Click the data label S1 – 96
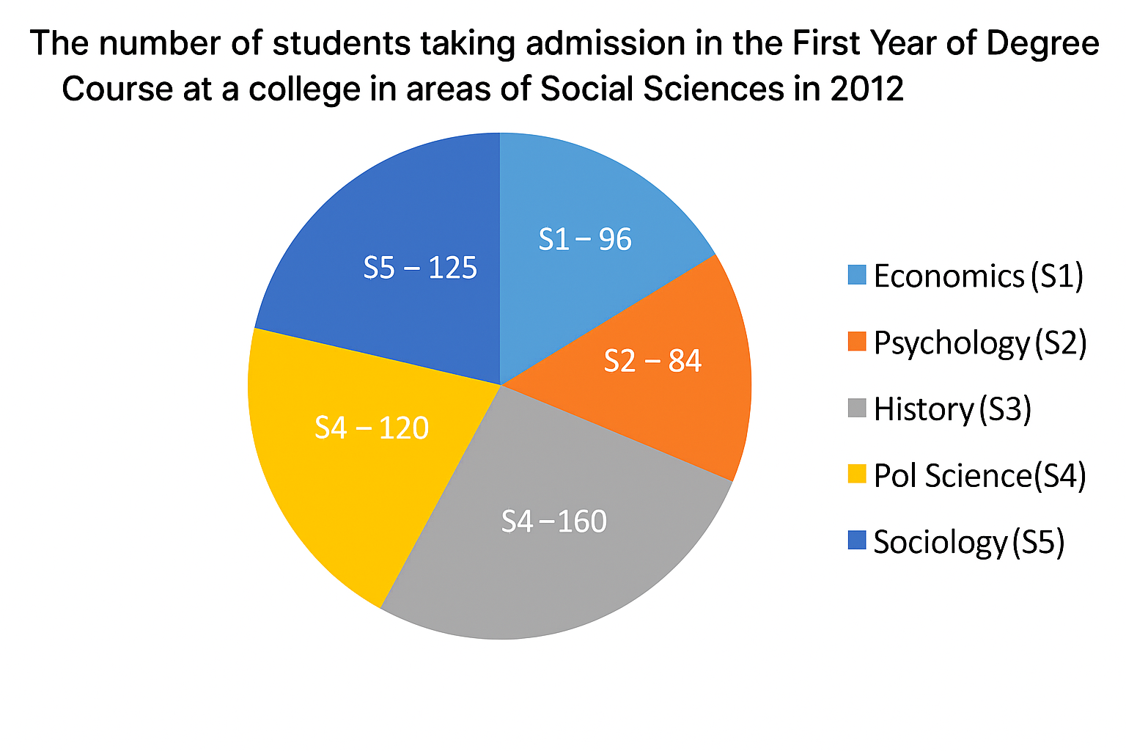coord(585,240)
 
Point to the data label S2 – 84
coord(652,361)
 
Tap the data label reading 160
coord(554,521)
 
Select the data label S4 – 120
coord(372,428)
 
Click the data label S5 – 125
coord(420,268)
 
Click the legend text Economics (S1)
coord(978,276)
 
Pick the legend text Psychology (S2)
coord(979,343)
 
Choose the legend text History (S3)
coord(952,409)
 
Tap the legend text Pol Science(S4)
coord(979,476)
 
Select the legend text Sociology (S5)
coord(968,542)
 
